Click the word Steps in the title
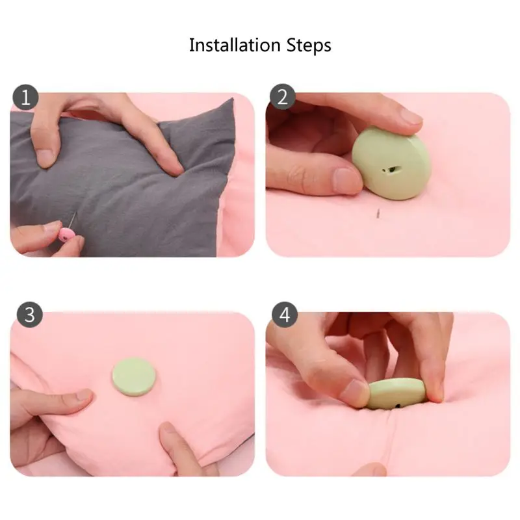309,46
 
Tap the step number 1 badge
25,97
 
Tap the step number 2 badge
282,97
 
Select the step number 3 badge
29,315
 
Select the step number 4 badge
285,315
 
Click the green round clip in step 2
391,163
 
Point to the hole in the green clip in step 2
391,170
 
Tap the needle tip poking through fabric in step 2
378,213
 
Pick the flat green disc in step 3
134,376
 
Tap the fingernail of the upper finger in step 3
84,395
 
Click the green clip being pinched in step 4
396,394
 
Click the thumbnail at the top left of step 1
45,157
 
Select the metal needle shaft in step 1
73,220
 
